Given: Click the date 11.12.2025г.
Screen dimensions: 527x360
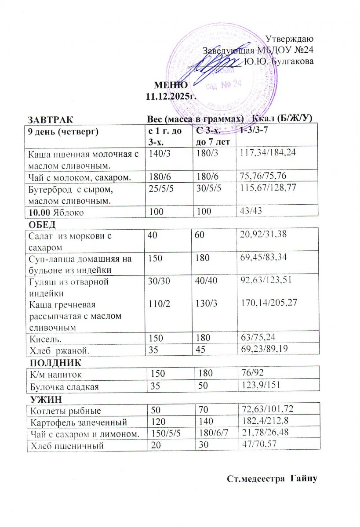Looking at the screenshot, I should pos(171,95).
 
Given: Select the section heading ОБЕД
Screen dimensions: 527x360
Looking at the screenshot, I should pos(42,225).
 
